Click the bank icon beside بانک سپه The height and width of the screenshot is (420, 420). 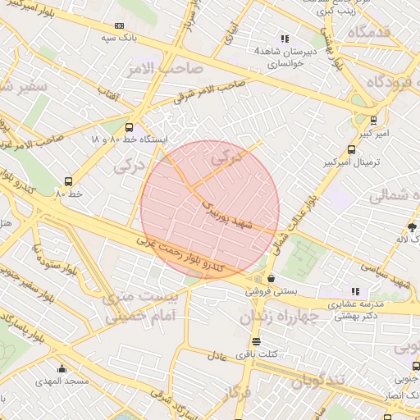point(120,26)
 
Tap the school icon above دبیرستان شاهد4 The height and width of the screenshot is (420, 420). point(284,39)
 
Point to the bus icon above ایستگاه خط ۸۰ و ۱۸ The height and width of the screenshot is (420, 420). point(129,127)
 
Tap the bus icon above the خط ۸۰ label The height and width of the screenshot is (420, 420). point(67,181)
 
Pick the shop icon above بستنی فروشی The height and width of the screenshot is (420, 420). point(271,278)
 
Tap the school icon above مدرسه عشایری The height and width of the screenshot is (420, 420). point(355,291)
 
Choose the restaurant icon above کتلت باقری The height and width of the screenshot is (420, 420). point(257,340)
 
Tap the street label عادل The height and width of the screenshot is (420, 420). point(217,357)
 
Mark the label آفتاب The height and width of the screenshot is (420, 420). point(107,96)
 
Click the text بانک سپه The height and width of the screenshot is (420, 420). point(118,38)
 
